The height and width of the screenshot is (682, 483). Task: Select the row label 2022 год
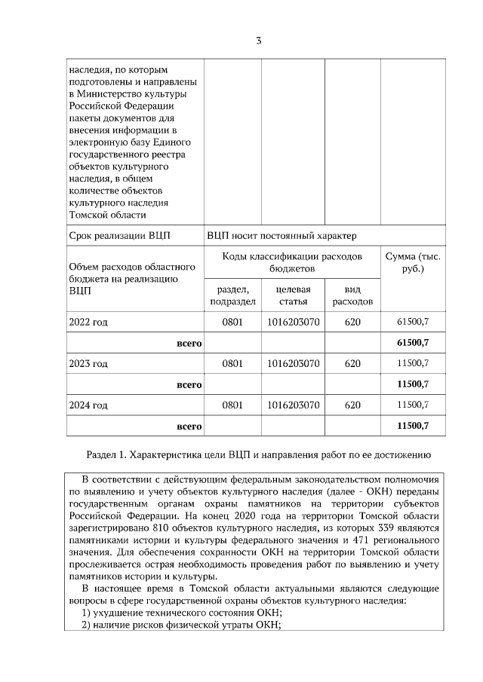(88, 322)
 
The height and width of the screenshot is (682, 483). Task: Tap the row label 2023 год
(88, 363)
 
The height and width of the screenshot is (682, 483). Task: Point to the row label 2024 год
(88, 405)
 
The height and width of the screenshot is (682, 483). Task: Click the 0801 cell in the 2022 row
(232, 322)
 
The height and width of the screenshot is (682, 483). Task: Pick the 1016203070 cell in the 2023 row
(294, 363)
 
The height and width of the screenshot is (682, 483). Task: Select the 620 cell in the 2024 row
(352, 405)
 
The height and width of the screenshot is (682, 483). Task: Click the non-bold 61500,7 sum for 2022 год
(413, 322)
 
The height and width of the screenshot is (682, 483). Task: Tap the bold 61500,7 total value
(413, 343)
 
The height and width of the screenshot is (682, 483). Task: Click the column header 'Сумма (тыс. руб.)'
(413, 262)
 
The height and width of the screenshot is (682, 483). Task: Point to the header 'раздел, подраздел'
(232, 295)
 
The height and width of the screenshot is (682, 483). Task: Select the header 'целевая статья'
(294, 295)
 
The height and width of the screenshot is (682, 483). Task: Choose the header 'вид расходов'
(352, 295)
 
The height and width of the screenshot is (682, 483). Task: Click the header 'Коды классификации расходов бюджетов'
(292, 262)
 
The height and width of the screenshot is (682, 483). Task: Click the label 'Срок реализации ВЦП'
(119, 235)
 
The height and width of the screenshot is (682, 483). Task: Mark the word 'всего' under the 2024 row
(188, 426)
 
